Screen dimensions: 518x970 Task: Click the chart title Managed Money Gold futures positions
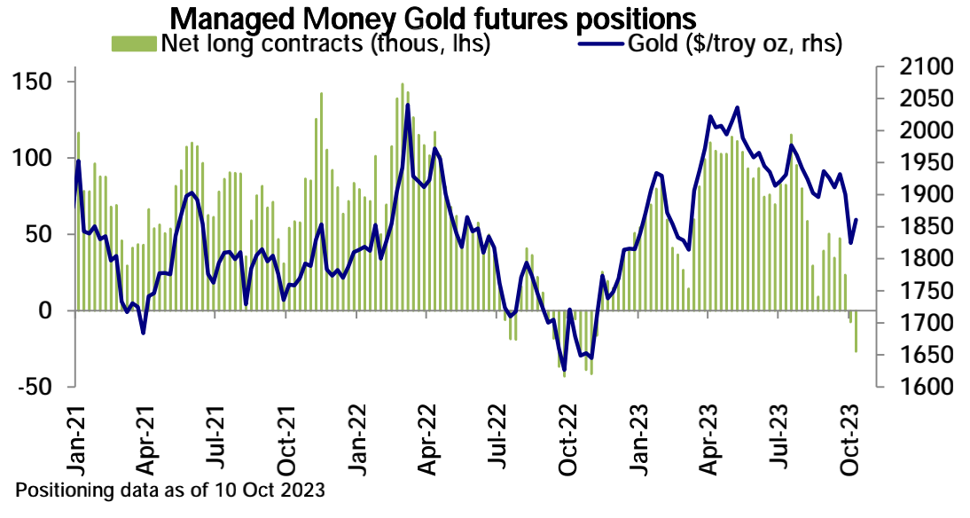coord(432,18)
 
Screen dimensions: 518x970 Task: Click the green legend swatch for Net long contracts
coord(132,43)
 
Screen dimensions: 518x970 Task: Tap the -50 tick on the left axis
coord(35,388)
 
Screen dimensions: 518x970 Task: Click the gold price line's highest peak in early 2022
coord(407,105)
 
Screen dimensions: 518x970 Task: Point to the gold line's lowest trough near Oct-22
coord(565,370)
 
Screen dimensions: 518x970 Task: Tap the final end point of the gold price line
coord(857,220)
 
